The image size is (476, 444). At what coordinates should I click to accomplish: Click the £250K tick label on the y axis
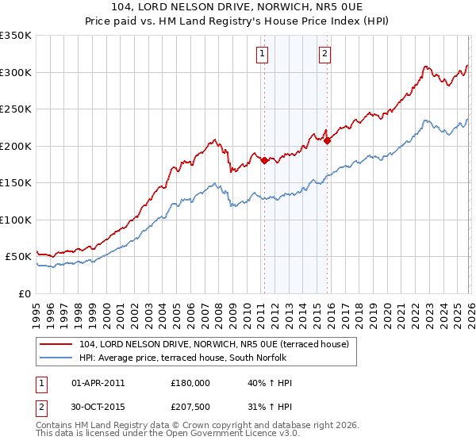click(x=15, y=109)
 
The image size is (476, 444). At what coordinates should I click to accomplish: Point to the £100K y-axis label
click(x=15, y=220)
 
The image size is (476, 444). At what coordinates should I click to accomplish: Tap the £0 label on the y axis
click(x=23, y=293)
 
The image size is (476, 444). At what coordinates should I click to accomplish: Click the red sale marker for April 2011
click(x=264, y=160)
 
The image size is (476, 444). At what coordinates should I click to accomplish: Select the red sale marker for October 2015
click(x=328, y=140)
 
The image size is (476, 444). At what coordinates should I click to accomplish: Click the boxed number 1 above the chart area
click(x=262, y=54)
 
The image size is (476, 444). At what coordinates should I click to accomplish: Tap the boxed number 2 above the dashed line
click(x=325, y=54)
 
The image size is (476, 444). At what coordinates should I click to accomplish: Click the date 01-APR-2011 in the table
click(x=98, y=383)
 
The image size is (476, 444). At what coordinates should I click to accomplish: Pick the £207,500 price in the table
click(x=190, y=407)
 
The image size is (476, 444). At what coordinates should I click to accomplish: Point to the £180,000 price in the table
click(x=190, y=383)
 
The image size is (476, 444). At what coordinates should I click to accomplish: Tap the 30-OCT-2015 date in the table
click(x=98, y=407)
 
